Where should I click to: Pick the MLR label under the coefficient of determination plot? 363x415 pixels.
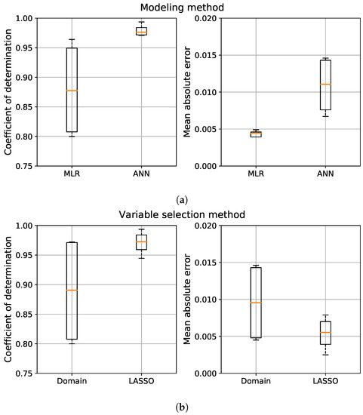point(72,176)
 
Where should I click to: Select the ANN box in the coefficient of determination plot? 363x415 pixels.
point(141,31)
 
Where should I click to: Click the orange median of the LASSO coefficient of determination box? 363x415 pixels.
point(141,242)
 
